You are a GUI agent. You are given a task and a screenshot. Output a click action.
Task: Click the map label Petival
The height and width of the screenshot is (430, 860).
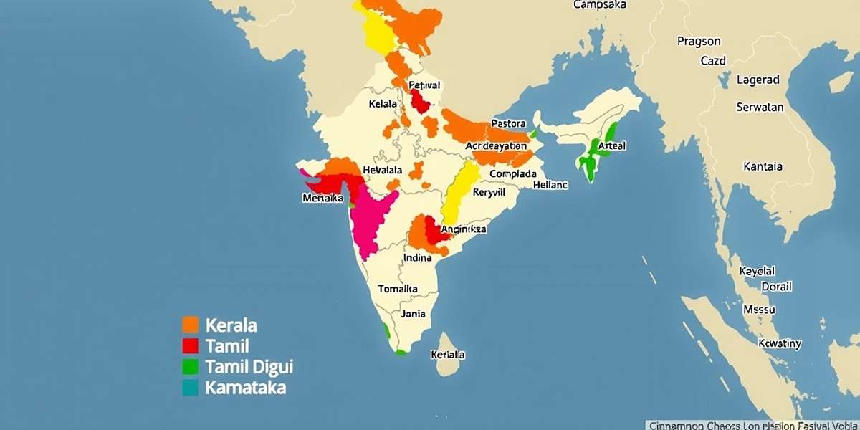(x=424, y=85)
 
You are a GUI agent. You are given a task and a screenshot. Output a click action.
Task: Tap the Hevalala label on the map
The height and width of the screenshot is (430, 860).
(x=383, y=170)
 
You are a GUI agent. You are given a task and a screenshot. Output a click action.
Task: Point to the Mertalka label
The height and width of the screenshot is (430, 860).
(x=323, y=199)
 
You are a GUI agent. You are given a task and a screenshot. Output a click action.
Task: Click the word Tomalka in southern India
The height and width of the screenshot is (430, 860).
(x=398, y=289)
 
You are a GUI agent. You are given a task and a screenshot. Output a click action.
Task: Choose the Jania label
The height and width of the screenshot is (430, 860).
(x=414, y=313)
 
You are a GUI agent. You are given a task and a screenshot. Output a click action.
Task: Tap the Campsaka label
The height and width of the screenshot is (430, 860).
(x=601, y=5)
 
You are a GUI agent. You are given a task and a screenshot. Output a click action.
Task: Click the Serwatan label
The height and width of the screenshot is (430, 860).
(x=760, y=107)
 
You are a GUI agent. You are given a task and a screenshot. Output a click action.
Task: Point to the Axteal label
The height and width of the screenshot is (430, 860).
(x=611, y=145)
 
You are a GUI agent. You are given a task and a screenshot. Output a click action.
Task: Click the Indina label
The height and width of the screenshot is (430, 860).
(x=418, y=257)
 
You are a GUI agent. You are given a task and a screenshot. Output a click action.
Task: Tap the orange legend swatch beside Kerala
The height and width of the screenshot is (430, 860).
(x=190, y=325)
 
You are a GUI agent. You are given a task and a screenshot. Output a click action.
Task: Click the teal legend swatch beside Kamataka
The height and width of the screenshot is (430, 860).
(x=190, y=388)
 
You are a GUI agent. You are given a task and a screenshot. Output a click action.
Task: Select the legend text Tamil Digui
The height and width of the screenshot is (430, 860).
(x=249, y=367)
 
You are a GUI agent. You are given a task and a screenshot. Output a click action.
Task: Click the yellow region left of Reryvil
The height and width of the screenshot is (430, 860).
(x=458, y=192)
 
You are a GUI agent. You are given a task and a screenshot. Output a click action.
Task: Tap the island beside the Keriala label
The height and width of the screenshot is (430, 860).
(x=448, y=355)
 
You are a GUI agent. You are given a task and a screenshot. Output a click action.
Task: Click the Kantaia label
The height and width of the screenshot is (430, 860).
(x=763, y=166)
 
